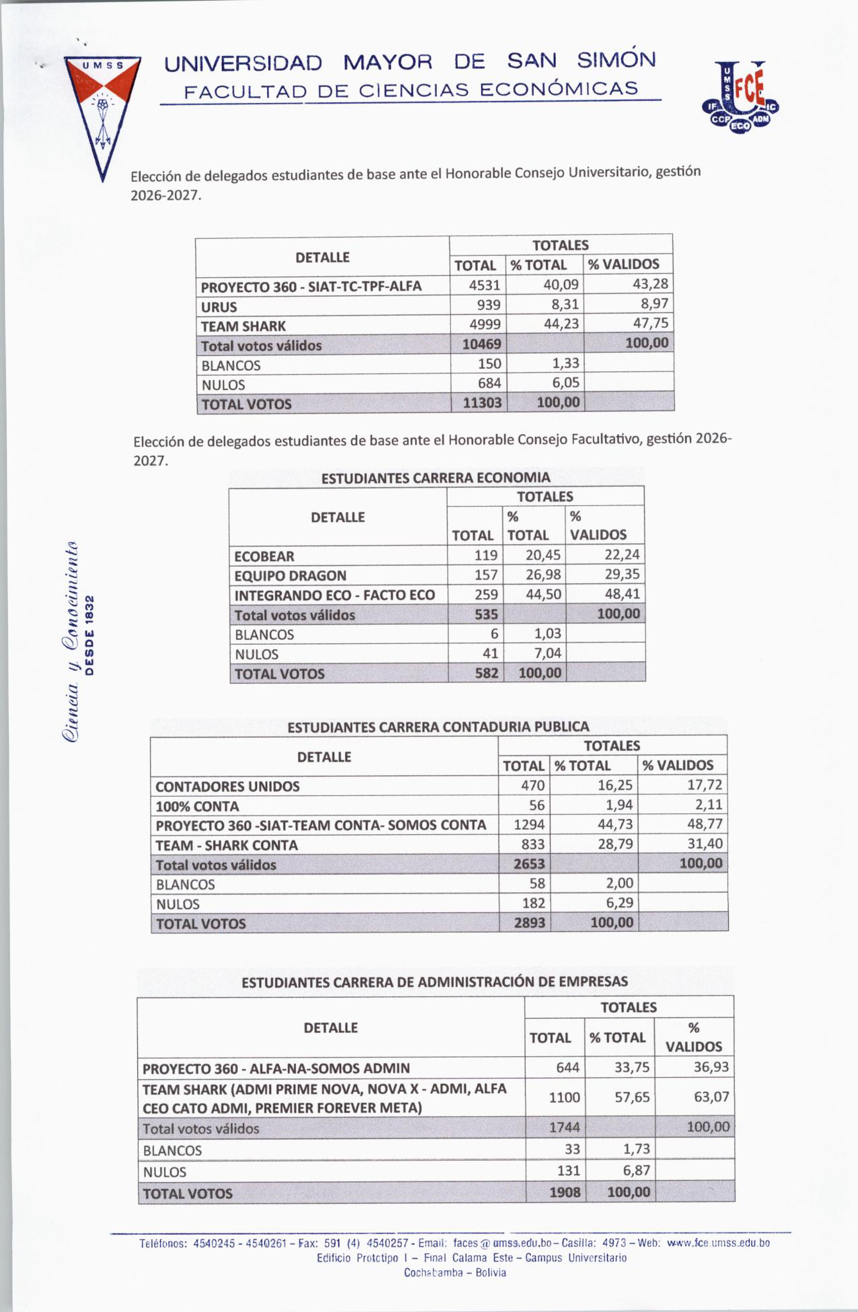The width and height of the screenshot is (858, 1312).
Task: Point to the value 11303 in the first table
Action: click(x=482, y=403)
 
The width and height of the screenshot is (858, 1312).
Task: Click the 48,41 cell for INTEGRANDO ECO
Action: click(x=622, y=594)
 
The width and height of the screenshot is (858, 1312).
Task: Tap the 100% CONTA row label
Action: click(x=198, y=806)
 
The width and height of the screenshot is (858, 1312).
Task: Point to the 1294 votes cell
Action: click(x=529, y=825)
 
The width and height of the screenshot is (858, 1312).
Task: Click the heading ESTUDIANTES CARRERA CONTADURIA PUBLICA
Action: click(x=438, y=727)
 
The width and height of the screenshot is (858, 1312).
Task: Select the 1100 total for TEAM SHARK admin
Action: click(x=564, y=1098)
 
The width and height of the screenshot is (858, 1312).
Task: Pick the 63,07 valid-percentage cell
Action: click(x=711, y=1097)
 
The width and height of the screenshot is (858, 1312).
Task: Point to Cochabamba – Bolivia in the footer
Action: click(x=455, y=1273)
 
